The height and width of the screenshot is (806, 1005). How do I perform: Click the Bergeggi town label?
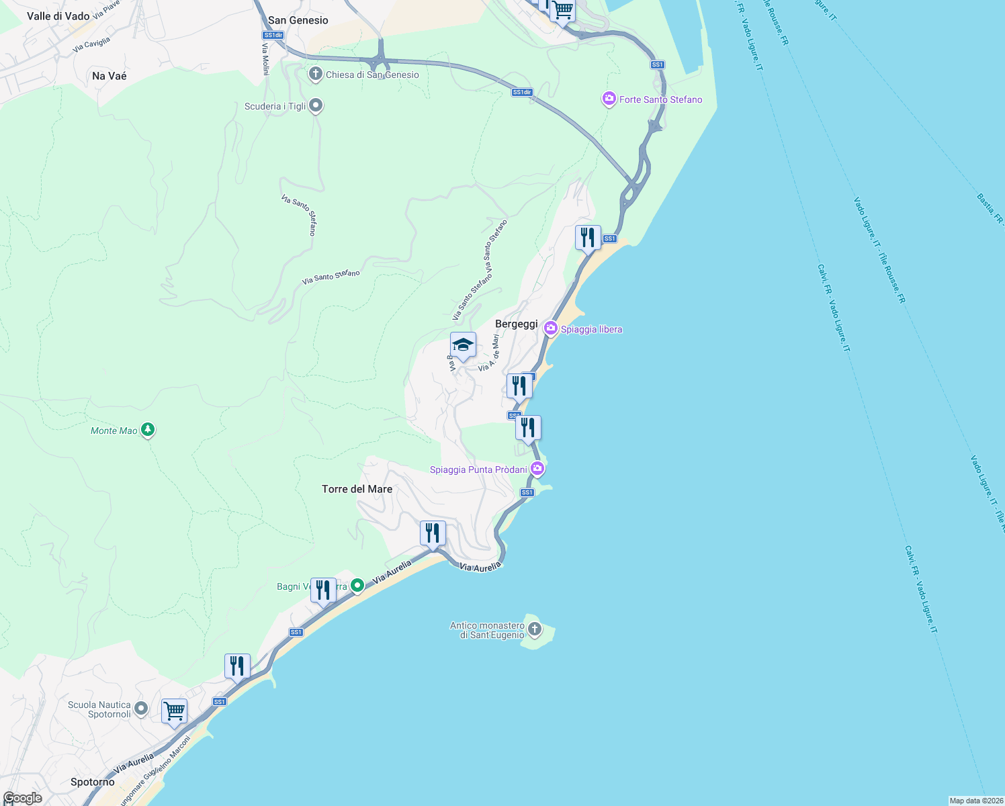click(x=516, y=324)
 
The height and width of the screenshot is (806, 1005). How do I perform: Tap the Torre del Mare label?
click(x=357, y=489)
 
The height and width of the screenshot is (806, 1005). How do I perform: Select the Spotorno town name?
click(x=93, y=782)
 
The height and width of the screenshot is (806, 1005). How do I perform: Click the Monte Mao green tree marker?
click(x=148, y=430)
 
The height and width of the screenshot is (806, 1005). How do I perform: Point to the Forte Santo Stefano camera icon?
click(x=609, y=99)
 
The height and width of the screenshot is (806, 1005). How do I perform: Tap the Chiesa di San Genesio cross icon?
click(x=315, y=74)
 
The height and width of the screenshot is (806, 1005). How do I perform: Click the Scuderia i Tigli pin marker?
click(x=316, y=105)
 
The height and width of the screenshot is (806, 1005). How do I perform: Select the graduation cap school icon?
click(x=463, y=346)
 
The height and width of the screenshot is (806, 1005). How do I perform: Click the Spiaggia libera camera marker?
click(x=551, y=328)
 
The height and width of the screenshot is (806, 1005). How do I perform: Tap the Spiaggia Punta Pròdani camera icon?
click(x=537, y=468)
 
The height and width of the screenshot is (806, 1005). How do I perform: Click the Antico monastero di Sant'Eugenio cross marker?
click(x=535, y=629)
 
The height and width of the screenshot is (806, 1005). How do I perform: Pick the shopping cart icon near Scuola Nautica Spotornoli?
click(x=174, y=711)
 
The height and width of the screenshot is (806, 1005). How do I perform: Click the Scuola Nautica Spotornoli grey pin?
click(x=141, y=709)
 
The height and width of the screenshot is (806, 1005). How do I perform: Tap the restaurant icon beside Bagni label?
click(x=323, y=590)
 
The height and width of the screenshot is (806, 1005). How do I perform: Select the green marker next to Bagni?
click(x=357, y=586)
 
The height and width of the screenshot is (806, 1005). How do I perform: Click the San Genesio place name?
click(x=298, y=20)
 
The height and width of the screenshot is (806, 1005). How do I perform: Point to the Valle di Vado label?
click(x=58, y=16)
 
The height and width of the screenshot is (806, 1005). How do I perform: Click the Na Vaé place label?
click(x=109, y=76)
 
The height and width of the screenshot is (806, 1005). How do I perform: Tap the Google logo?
click(x=22, y=798)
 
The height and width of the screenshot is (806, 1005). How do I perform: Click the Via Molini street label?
click(x=265, y=59)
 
